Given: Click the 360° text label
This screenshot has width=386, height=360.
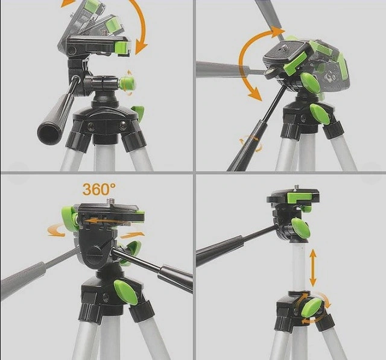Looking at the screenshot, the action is pyautogui.click(x=98, y=189).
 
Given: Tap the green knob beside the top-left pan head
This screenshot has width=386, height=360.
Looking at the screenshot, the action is pyautogui.click(x=127, y=83).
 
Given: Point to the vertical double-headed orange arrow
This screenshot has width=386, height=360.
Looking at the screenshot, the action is pyautogui.click(x=312, y=268).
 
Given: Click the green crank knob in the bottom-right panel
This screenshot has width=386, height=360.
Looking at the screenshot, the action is pyautogui.click(x=311, y=308).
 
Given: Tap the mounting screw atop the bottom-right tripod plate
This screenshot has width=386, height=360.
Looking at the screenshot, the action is pyautogui.click(x=297, y=188).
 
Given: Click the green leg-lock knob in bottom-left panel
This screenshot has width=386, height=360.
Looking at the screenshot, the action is pyautogui.click(x=125, y=292).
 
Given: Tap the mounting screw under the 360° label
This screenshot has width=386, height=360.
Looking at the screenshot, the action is pyautogui.click(x=112, y=201).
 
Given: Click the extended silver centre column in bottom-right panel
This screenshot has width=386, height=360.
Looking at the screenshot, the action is pyautogui.click(x=300, y=267).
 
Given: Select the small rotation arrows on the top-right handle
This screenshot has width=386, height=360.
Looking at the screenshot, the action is pyautogui.click(x=251, y=143).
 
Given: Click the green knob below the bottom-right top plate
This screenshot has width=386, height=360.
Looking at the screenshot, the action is pyautogui.click(x=300, y=227).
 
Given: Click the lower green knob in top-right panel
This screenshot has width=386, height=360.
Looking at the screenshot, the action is pyautogui.click(x=320, y=114).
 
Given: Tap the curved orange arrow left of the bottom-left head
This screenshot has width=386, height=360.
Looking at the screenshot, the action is pyautogui.click(x=56, y=232).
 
